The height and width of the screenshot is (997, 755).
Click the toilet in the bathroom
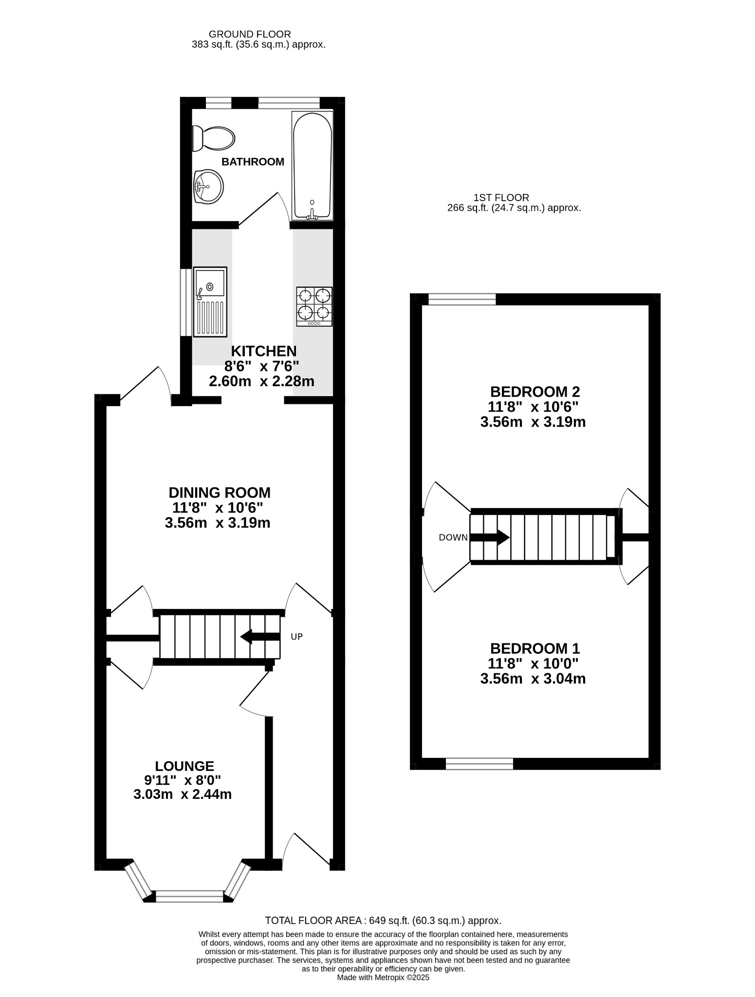point(213,138)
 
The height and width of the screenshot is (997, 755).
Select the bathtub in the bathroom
point(313,166)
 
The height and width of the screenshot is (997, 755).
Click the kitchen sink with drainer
point(210,302)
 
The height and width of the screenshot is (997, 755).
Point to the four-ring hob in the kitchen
point(314,307)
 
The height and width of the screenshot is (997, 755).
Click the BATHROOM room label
point(253,162)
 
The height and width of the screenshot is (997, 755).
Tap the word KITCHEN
point(263,351)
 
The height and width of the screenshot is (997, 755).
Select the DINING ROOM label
point(220,493)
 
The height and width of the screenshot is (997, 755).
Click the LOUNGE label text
point(184,766)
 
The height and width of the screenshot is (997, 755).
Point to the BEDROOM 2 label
point(535,391)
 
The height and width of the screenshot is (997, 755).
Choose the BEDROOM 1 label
point(535,648)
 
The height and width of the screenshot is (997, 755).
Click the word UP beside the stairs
point(297,636)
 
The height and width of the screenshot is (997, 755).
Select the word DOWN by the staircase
point(453,537)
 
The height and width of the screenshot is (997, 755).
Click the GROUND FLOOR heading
point(250,34)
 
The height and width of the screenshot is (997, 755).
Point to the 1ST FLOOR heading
point(501,198)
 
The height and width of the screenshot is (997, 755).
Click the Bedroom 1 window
point(479,763)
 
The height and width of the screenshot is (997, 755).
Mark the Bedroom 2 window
point(462,299)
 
